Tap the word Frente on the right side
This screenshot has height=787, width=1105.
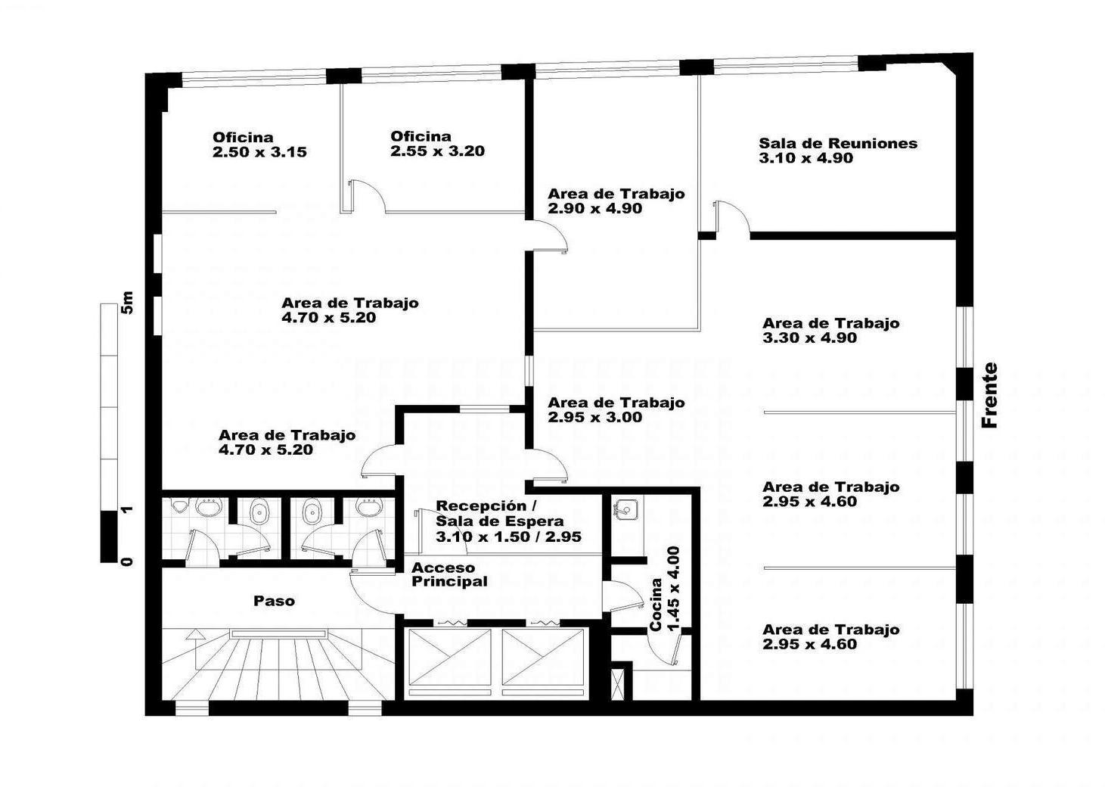989,395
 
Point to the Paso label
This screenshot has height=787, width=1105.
275,601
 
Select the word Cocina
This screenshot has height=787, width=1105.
656,605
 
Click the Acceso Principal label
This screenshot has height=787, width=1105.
449,575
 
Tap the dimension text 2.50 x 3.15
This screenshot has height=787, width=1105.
259,151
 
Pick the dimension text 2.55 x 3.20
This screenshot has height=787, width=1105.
438,151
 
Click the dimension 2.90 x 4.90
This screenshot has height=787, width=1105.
595,208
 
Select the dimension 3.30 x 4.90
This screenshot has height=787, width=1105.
809,338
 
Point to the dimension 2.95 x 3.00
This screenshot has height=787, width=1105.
595,418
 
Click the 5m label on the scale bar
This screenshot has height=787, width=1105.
127,303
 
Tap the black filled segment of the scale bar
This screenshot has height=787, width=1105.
109,537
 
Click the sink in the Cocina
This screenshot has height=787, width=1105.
625,509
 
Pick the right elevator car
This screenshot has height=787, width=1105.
542,658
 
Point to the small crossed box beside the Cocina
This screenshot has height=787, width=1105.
617,684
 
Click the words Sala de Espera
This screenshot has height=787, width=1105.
500,521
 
